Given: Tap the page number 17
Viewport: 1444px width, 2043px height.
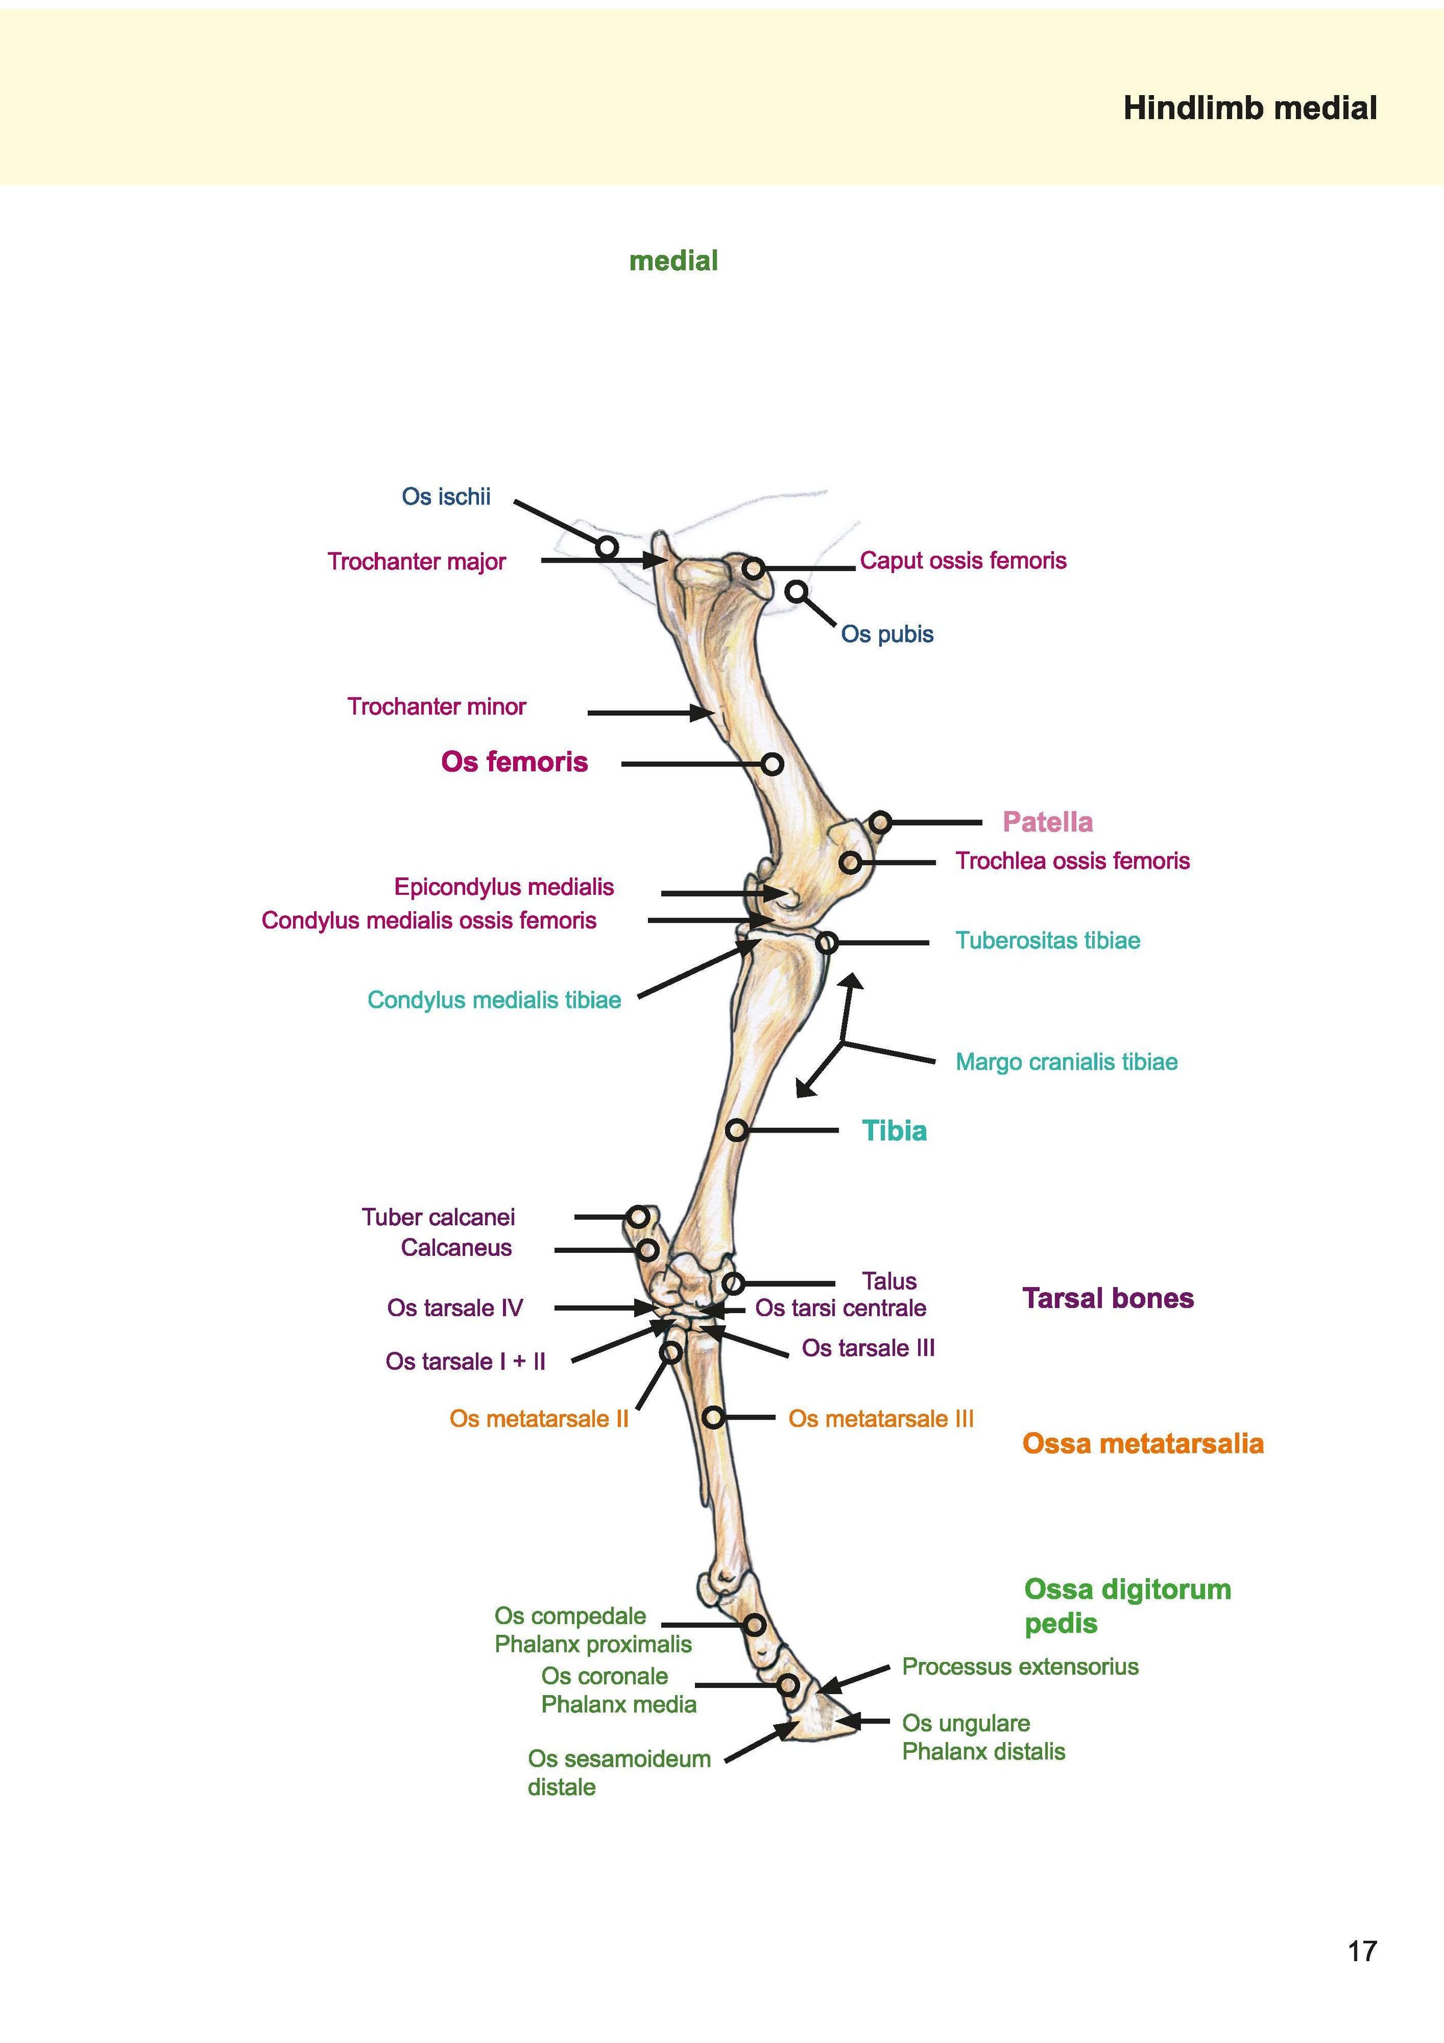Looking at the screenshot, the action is tap(1362, 1952).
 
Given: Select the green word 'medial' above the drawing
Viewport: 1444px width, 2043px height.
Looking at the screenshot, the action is tap(673, 261).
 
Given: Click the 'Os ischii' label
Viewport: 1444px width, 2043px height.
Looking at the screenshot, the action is tap(446, 496).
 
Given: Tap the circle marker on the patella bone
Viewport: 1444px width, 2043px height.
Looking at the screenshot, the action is tap(880, 822).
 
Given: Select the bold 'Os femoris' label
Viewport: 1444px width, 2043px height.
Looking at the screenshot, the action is tap(514, 762).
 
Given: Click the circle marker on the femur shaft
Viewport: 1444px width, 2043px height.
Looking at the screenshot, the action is tap(773, 764).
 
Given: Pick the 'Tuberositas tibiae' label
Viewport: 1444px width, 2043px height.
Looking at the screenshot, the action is tap(1047, 941).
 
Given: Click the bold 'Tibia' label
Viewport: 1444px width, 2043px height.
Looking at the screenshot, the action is tap(894, 1131).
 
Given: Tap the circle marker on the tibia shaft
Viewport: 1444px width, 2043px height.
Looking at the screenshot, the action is tap(736, 1130).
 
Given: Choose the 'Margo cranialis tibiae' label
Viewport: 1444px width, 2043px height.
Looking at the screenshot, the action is tap(1066, 1062).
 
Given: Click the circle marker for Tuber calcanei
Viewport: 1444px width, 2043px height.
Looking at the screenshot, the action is tap(638, 1216).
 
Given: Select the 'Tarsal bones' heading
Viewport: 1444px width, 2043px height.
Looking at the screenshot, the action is tap(1108, 1298).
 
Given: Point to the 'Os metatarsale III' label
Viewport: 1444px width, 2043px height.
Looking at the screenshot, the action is tap(881, 1418).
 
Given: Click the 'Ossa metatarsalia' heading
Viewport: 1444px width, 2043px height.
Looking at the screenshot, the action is tap(1143, 1443).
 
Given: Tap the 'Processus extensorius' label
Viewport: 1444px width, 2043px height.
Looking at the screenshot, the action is tap(1020, 1667).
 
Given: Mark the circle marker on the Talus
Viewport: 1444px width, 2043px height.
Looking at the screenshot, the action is tap(732, 1283).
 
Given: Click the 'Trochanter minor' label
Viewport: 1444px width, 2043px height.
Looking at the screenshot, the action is tap(436, 706).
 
